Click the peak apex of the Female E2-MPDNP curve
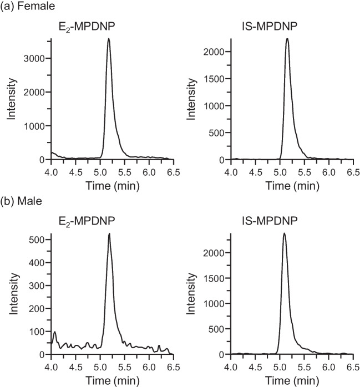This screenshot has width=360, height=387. [x=109, y=39]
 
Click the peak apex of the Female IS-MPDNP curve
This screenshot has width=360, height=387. [x=287, y=39]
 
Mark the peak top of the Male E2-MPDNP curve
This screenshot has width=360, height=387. [x=109, y=233]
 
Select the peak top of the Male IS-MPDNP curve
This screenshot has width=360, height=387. [x=284, y=233]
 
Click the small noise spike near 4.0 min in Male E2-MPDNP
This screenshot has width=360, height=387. [x=54, y=332]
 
